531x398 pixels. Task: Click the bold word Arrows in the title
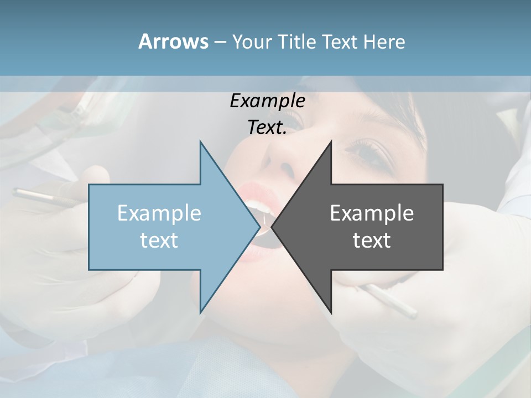coord(173,41)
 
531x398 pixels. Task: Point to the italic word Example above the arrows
coord(267,101)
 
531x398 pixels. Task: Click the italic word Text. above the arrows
coord(267,127)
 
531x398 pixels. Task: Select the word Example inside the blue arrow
coord(159,213)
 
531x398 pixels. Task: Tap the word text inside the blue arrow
coord(159,240)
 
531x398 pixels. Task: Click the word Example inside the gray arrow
coord(372,213)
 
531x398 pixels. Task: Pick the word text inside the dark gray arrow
coord(372,240)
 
